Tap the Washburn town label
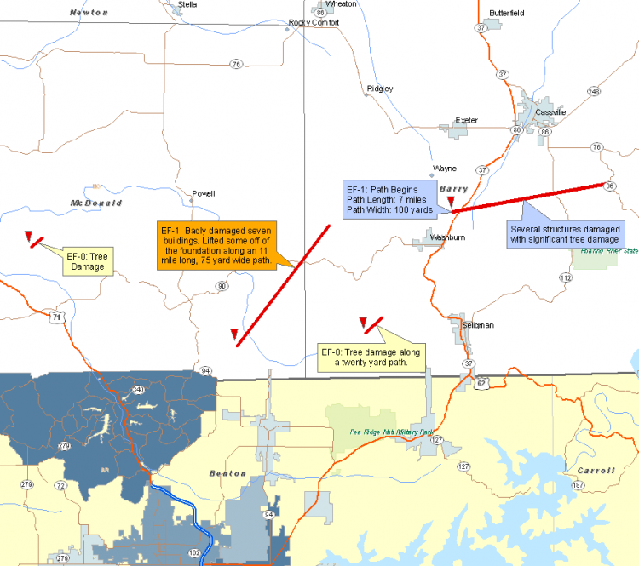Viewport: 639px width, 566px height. [x=448, y=237]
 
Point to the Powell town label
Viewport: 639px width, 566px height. [x=204, y=193]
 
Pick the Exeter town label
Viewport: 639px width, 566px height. [x=467, y=121]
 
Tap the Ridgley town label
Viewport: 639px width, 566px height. [x=380, y=89]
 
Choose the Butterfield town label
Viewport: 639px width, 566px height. [x=507, y=13]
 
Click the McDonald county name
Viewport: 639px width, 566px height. [x=97, y=203]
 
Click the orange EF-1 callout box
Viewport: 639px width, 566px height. [x=216, y=245]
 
